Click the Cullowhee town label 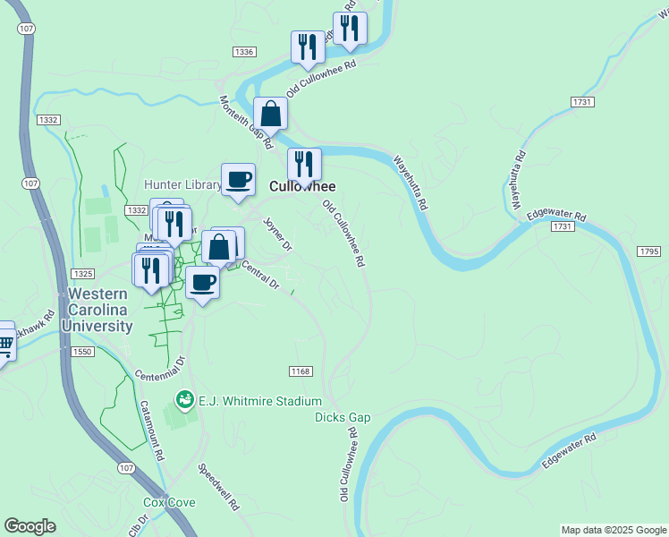302,186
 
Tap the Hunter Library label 182,184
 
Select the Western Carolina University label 97,310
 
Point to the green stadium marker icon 185,399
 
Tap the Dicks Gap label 342,417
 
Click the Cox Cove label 170,503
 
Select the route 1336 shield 242,53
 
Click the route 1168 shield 300,371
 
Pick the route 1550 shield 84,353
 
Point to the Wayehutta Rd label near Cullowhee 409,183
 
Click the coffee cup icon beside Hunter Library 238,178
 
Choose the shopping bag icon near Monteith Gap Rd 269,114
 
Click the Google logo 30,526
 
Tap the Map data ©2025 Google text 613,530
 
